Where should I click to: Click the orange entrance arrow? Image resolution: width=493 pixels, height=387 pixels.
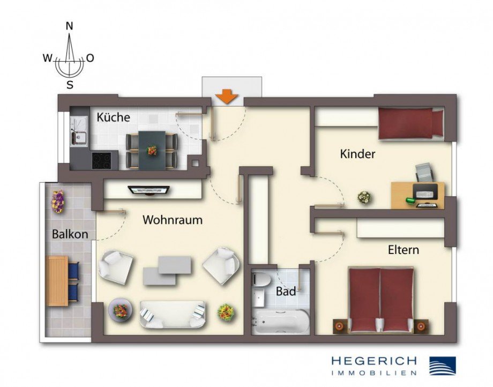pyautogui.click(x=227, y=97)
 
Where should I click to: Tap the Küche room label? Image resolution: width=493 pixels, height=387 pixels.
pyautogui.click(x=113, y=117)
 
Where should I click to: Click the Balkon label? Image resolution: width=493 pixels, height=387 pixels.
pyautogui.click(x=70, y=234)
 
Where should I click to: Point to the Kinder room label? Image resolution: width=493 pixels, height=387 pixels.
pyautogui.click(x=357, y=154)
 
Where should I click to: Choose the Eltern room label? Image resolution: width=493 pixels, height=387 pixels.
pyautogui.click(x=404, y=250)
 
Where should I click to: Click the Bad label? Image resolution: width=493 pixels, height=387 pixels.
pyautogui.click(x=286, y=292)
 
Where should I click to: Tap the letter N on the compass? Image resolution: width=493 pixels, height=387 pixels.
pyautogui.click(x=69, y=26)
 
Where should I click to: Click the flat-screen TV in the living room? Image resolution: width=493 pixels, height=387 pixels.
pyautogui.click(x=148, y=190)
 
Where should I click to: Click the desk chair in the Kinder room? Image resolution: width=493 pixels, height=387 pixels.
pyautogui.click(x=423, y=172)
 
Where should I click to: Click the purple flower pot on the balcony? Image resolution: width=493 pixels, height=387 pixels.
pyautogui.click(x=57, y=201)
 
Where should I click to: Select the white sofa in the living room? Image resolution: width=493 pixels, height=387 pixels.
pyautogui.click(x=172, y=314)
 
